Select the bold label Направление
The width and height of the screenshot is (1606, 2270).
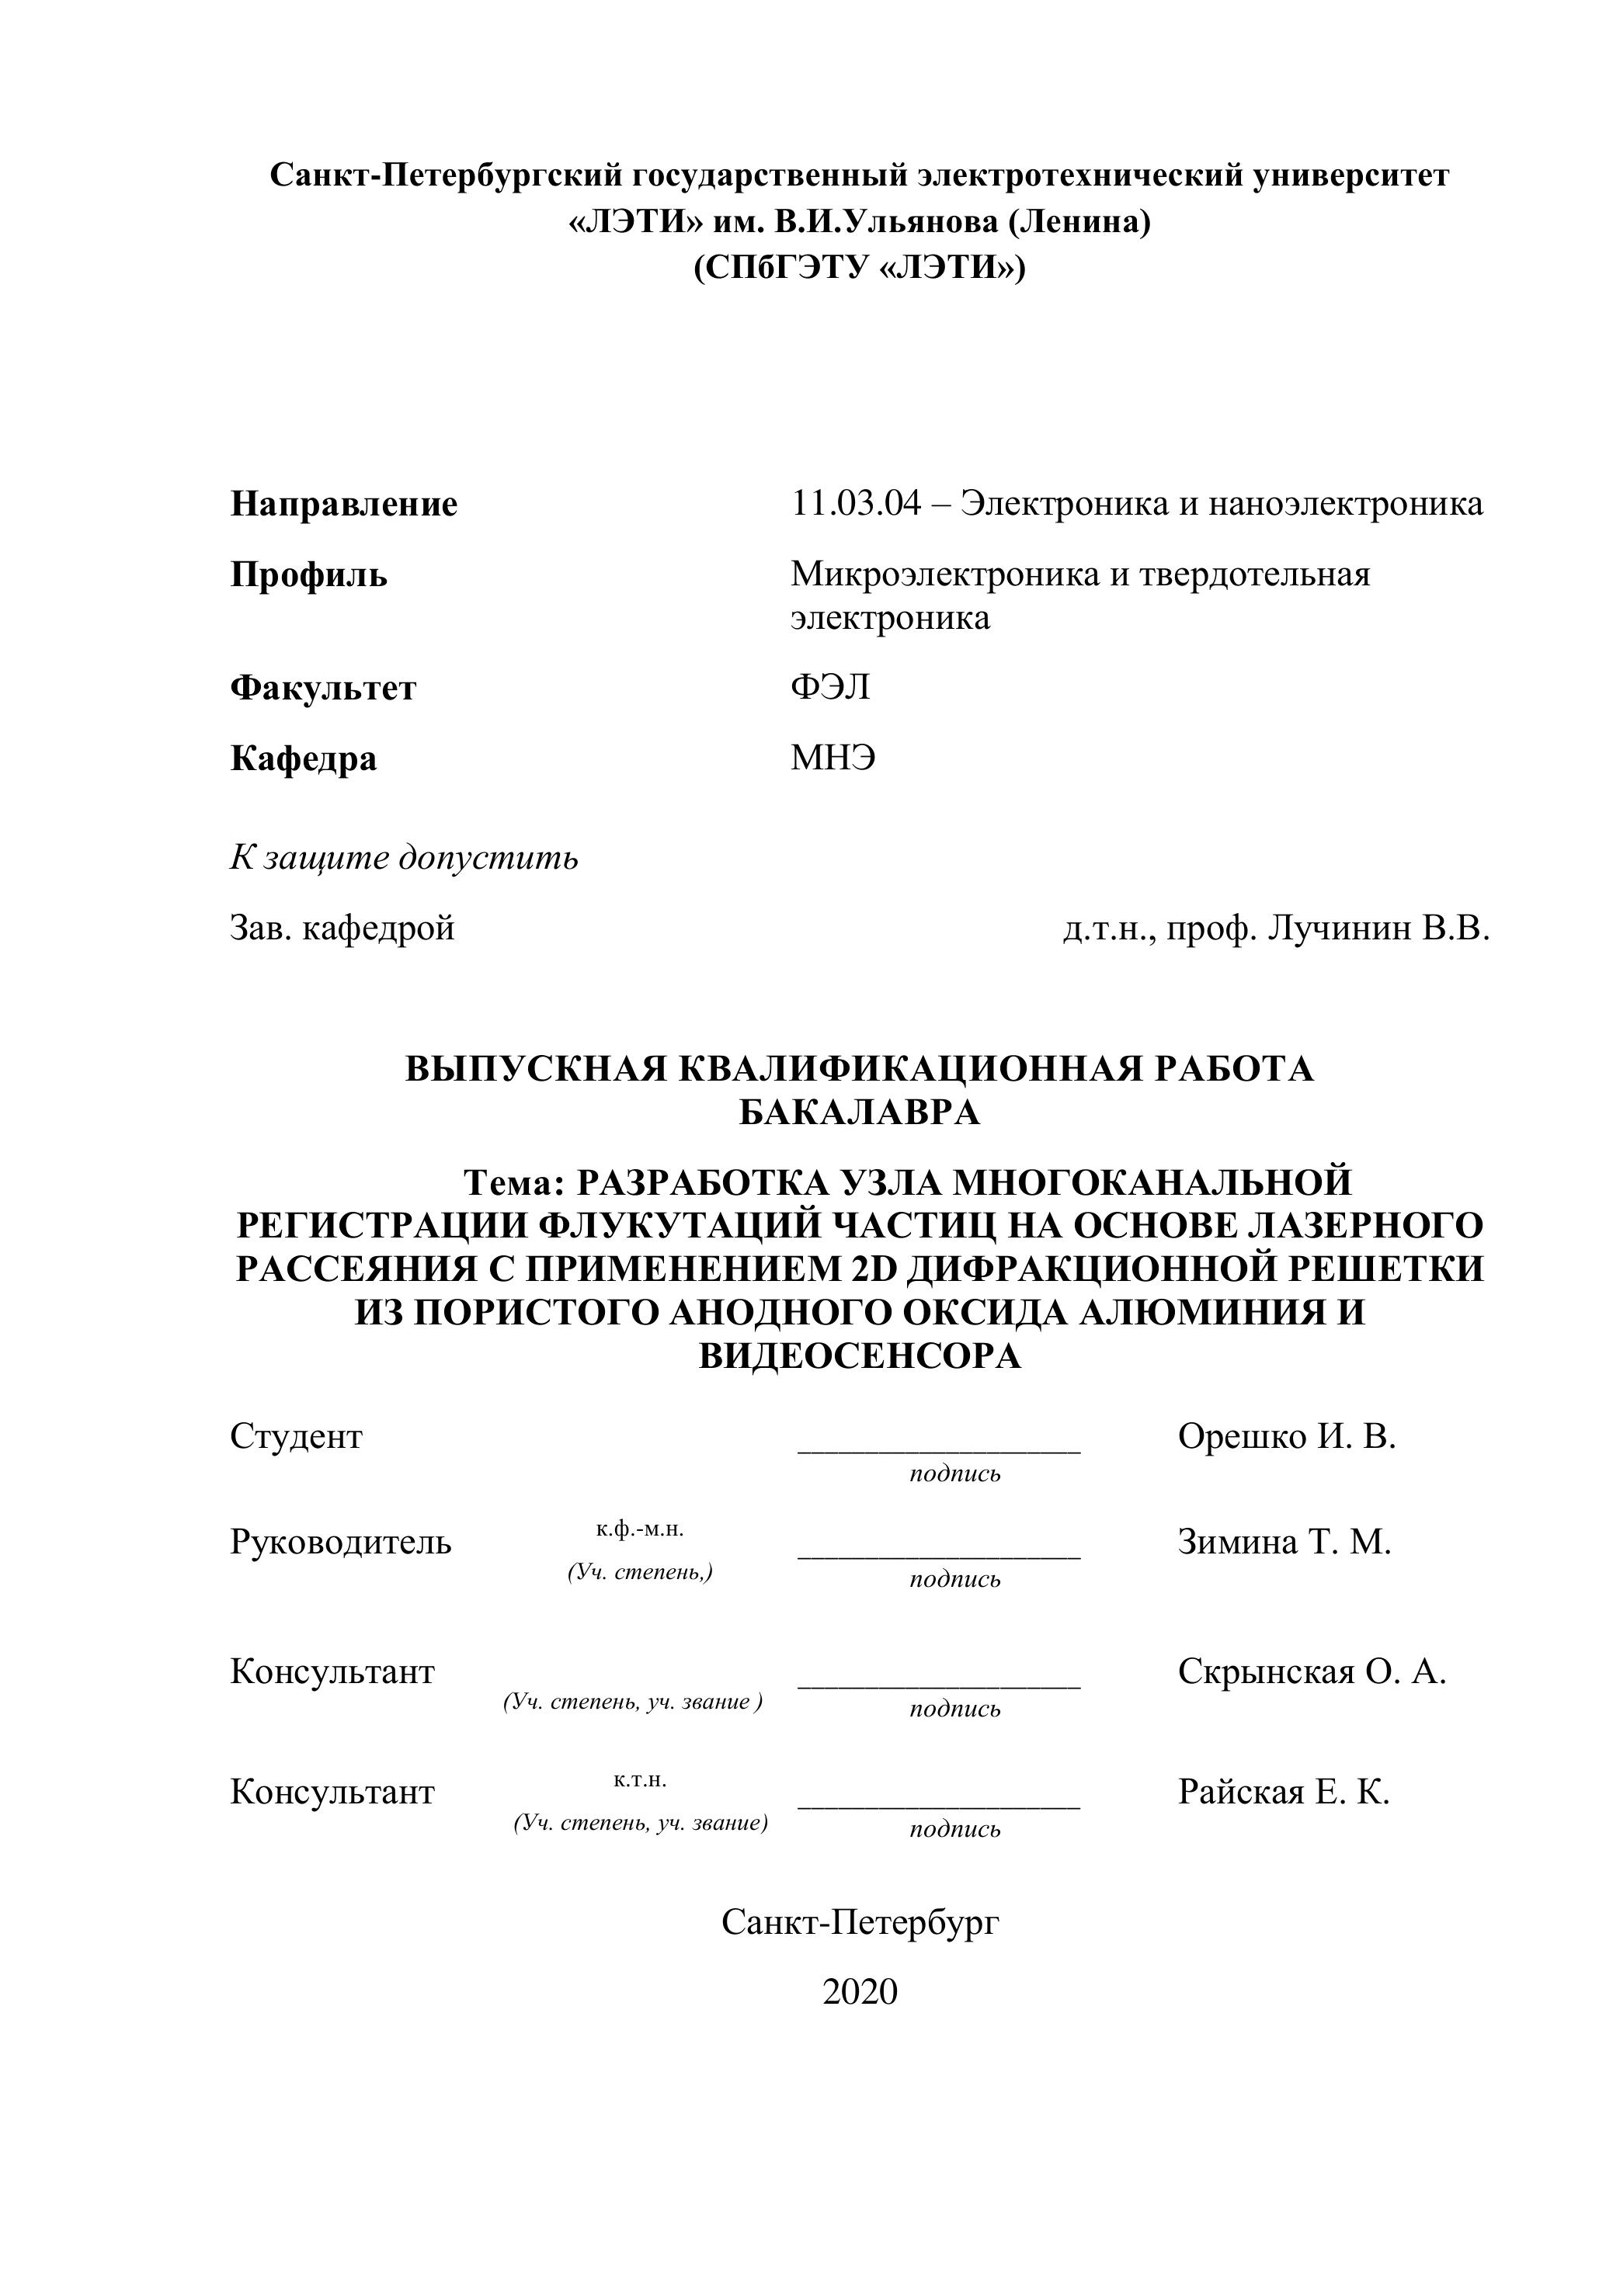344,504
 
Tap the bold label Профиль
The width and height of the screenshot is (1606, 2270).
308,574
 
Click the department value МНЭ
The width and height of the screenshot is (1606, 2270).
833,758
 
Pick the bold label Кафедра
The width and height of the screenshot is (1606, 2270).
304,758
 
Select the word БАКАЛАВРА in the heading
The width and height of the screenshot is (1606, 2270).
860,1112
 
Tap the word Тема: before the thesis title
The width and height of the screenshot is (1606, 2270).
513,1182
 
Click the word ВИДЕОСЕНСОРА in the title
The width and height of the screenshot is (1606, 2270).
860,1355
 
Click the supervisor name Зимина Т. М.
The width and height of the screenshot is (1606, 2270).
1284,1541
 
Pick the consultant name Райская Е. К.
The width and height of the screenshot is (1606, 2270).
1284,1792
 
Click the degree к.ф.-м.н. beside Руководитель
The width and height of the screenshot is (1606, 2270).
640,1529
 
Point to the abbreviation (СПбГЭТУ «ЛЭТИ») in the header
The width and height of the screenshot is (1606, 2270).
860,268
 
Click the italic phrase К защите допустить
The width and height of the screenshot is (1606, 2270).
405,857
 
